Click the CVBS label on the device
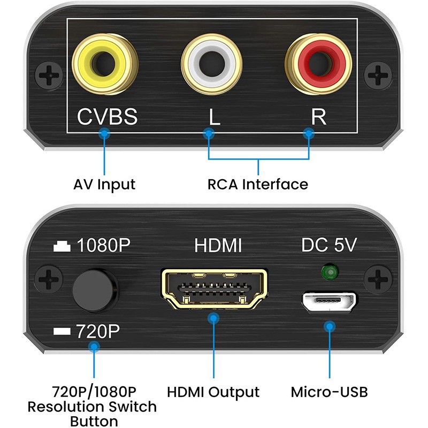pyautogui.click(x=108, y=116)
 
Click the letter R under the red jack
pyautogui.click(x=318, y=116)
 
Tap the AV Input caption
pyautogui.click(x=104, y=185)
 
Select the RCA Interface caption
pyautogui.click(x=258, y=185)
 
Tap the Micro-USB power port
pyautogui.click(x=328, y=302)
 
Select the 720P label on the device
pyautogui.click(x=98, y=331)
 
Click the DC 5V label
pyautogui.click(x=329, y=246)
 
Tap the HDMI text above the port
pyautogui.click(x=218, y=246)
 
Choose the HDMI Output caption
pyautogui.click(x=213, y=392)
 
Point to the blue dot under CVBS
pyautogui.click(x=105, y=134)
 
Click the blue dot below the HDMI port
pyautogui.click(x=214, y=319)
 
